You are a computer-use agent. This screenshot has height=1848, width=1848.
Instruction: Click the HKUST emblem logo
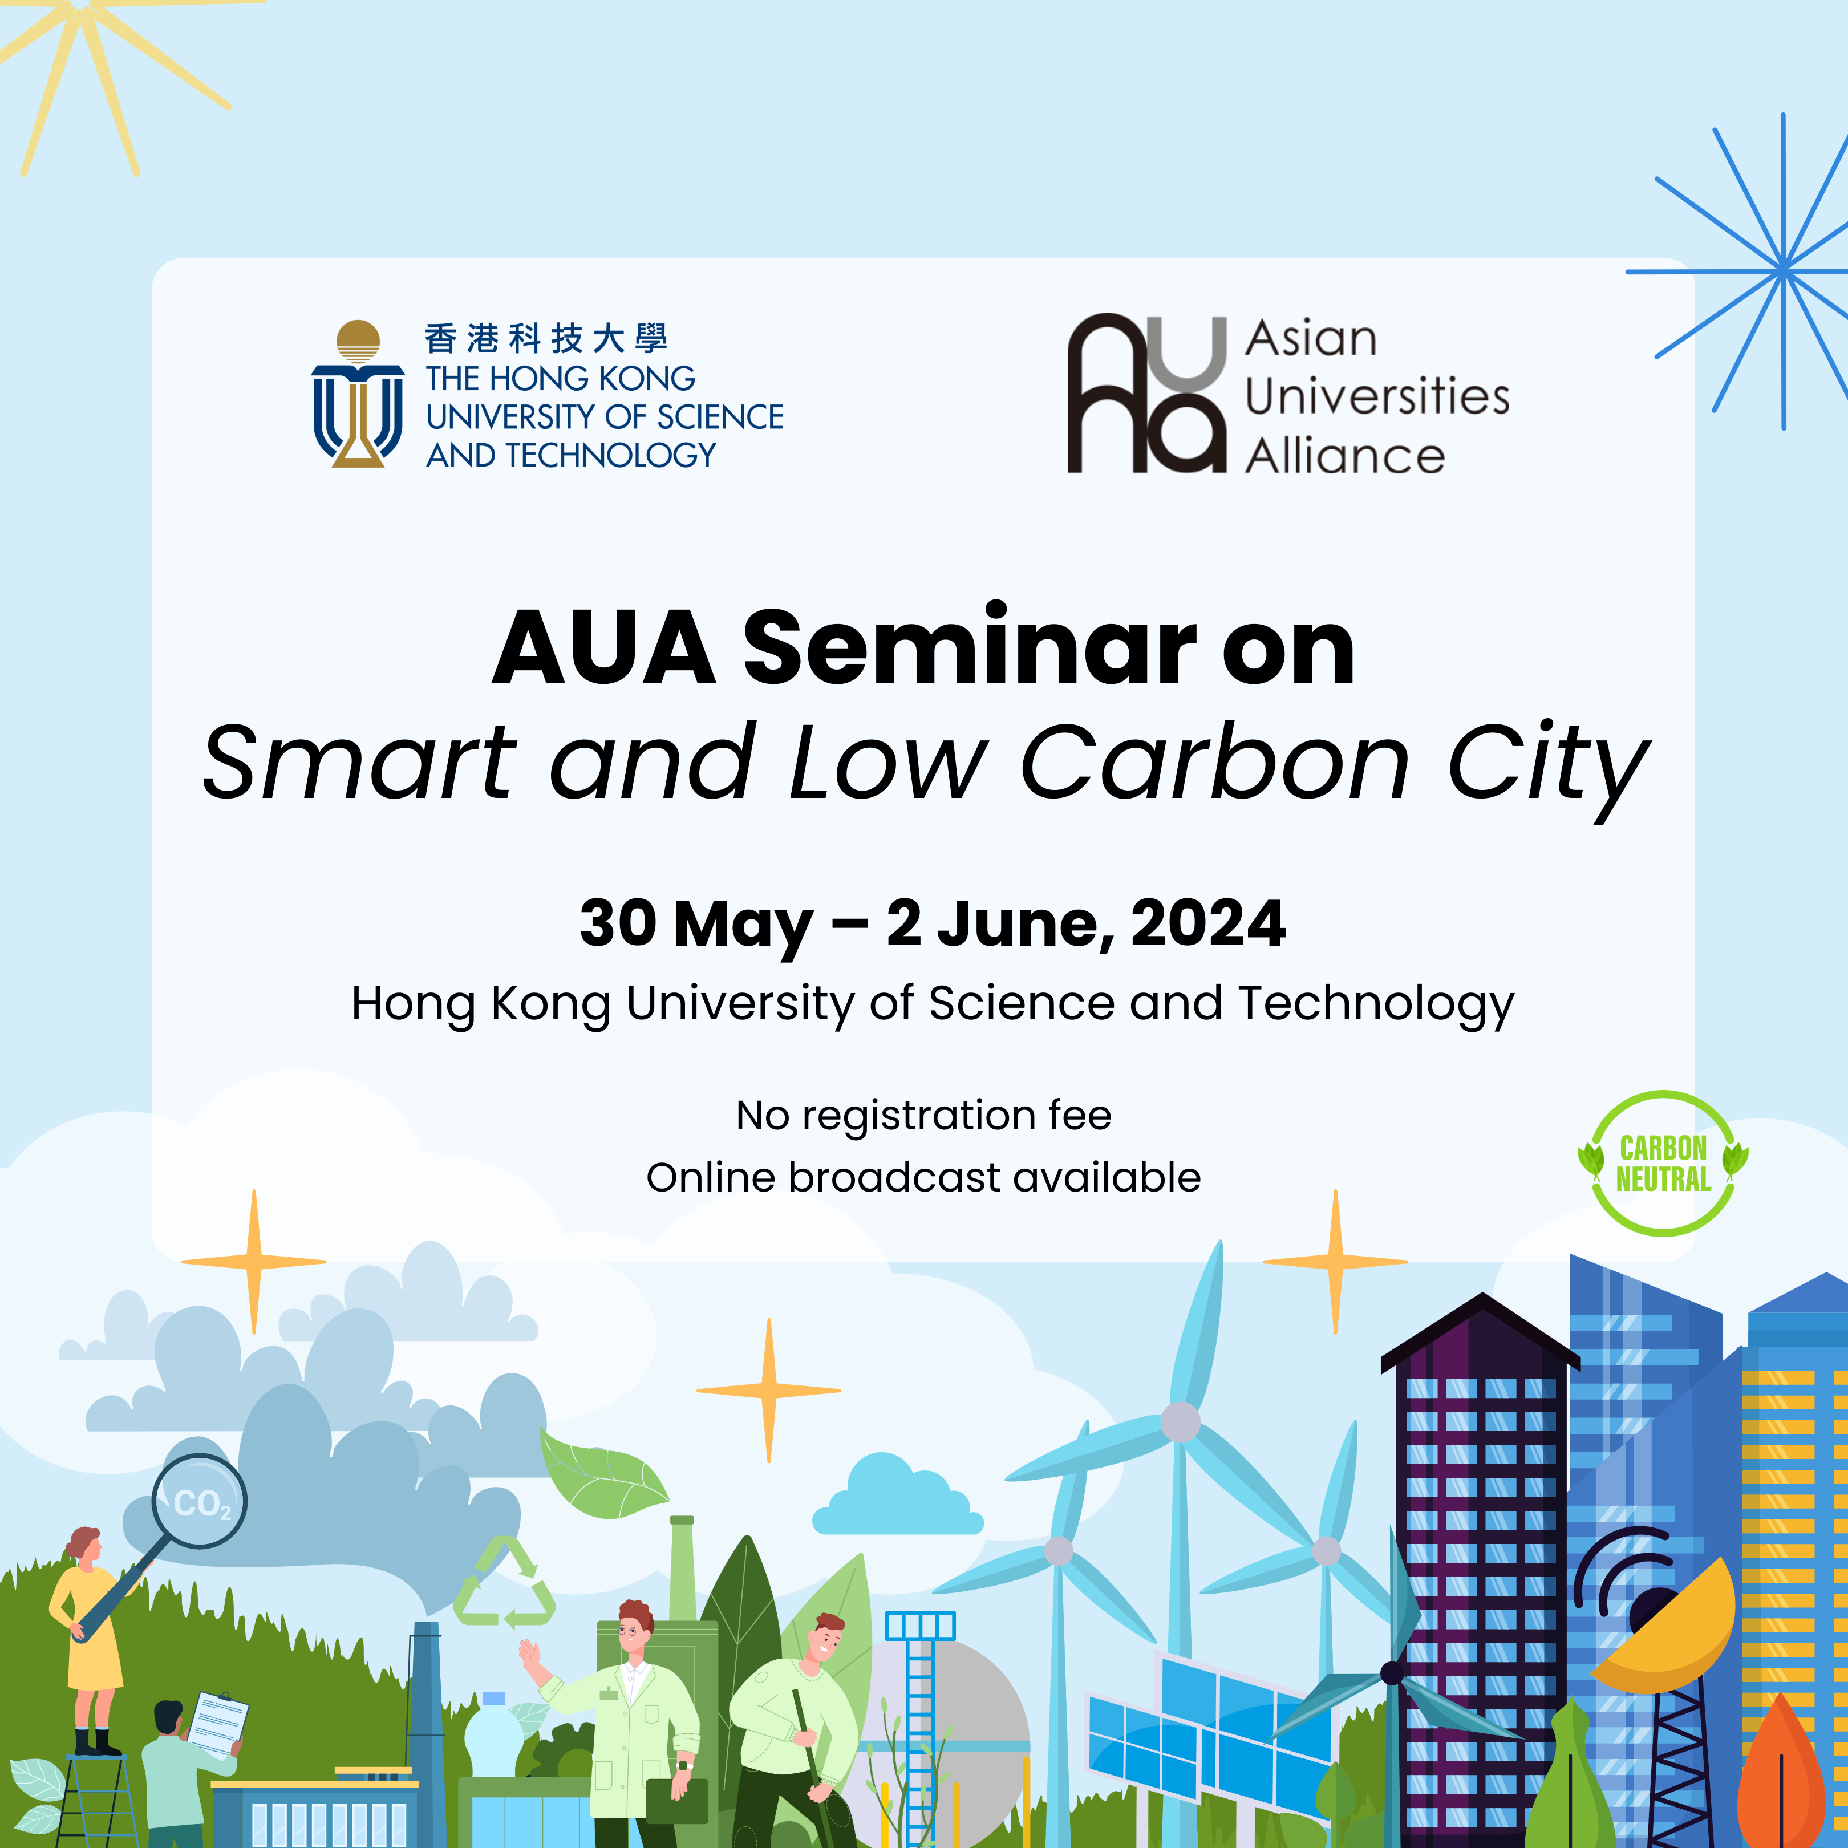358,394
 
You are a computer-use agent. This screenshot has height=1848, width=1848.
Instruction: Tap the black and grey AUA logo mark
1146,393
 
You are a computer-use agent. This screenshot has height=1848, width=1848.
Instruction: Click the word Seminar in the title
970,647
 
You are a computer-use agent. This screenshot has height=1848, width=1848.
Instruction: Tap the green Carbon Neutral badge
1663,1163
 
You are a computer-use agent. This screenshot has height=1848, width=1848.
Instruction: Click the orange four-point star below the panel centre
769,1390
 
